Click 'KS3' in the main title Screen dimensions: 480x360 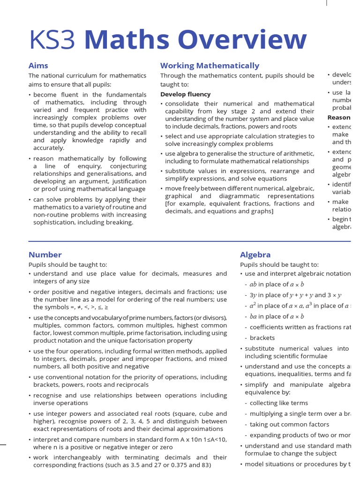point(52,40)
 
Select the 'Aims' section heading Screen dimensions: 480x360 point(38,66)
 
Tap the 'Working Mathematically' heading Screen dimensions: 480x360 point(210,66)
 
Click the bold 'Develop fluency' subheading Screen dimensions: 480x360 point(186,94)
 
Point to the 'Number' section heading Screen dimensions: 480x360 point(45,255)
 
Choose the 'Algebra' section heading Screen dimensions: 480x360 point(255,255)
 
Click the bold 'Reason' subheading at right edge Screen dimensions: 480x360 point(339,118)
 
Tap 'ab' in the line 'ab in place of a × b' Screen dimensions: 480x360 point(254,284)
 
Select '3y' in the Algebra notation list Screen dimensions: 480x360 point(253,295)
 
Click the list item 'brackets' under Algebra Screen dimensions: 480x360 point(262,337)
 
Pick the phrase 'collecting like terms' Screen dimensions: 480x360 point(279,403)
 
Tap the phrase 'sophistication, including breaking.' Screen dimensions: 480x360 point(83,222)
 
